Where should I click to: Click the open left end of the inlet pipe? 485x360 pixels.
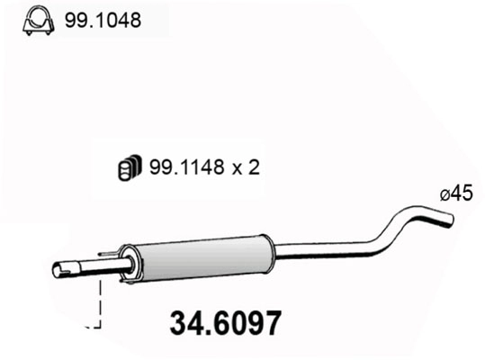[x=56, y=269]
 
